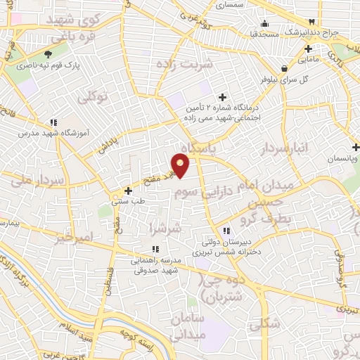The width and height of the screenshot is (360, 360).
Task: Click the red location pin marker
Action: point(181,166)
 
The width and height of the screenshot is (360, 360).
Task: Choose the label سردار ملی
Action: point(39,180)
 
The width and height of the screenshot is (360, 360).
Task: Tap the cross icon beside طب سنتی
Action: point(127,190)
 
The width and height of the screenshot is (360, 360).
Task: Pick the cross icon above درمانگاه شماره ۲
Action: point(223,97)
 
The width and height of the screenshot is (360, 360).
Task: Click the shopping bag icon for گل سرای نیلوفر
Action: point(283,68)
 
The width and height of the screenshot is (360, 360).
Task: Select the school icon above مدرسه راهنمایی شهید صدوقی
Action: point(155,249)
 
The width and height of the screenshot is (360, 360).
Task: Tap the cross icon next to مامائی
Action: point(308,49)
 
